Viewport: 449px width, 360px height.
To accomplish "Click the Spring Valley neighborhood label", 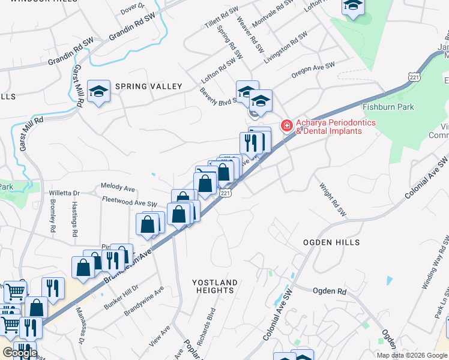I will (x=148, y=86).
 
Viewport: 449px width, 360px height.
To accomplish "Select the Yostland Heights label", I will (x=215, y=286).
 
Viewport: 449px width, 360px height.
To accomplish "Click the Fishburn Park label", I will (x=388, y=107).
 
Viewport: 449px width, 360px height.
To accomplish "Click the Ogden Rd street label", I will (x=330, y=291).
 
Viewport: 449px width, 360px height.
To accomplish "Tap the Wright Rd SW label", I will (x=333, y=200).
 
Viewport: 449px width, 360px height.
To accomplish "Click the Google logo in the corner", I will (x=20, y=353).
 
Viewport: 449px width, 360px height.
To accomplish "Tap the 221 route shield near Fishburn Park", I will (x=413, y=77).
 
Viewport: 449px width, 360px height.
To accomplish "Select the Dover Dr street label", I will (x=133, y=8).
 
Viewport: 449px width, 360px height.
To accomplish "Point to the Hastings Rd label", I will (x=74, y=220).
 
